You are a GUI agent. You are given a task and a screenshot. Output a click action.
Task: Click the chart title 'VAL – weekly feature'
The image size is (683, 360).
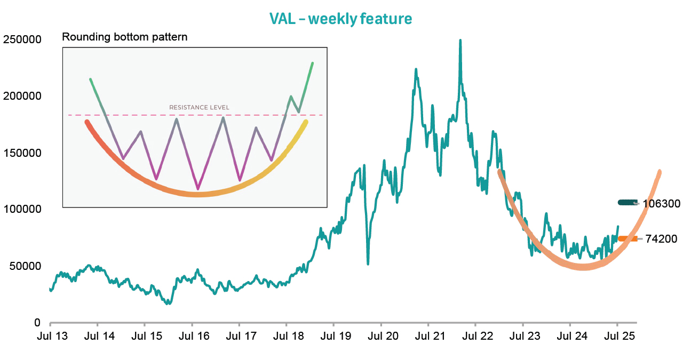[x=341, y=19]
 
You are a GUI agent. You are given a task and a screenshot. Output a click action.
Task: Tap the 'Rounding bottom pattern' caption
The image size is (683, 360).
[x=125, y=37]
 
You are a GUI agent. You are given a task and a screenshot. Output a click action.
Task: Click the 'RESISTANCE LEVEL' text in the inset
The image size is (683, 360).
[x=199, y=107]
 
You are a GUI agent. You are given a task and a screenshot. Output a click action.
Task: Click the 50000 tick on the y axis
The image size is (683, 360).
[x=25, y=266]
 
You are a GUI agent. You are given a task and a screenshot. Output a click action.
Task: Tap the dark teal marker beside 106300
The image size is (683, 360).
[x=627, y=203]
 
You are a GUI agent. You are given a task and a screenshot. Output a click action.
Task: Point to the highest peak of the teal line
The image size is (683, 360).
[x=460, y=41]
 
